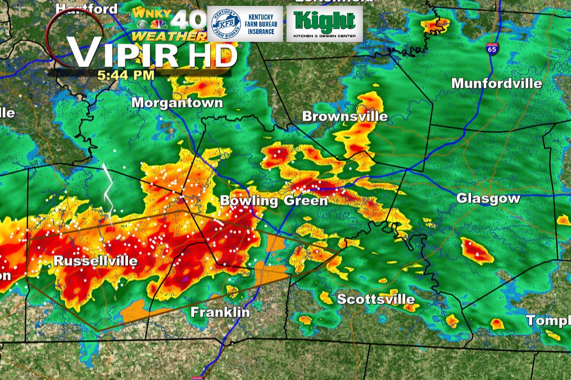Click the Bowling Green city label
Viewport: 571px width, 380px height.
[x=274, y=200]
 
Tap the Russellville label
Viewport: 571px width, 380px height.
[x=95, y=261]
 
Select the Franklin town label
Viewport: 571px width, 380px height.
[x=220, y=312]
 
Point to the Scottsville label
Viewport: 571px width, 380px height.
[x=375, y=300]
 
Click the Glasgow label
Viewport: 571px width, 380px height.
[x=488, y=198]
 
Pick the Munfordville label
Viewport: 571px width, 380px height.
[x=496, y=84]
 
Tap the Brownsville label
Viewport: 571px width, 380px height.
[x=345, y=116]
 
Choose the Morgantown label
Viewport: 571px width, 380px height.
[x=177, y=102]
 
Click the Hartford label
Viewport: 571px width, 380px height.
[x=87, y=9]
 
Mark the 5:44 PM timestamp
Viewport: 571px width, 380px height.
[x=126, y=75]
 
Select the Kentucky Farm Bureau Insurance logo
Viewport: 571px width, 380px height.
[x=245, y=23]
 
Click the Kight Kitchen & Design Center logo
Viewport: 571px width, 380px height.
[x=325, y=23]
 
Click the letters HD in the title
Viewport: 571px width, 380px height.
[x=213, y=55]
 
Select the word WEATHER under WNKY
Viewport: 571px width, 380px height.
[x=169, y=36]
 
